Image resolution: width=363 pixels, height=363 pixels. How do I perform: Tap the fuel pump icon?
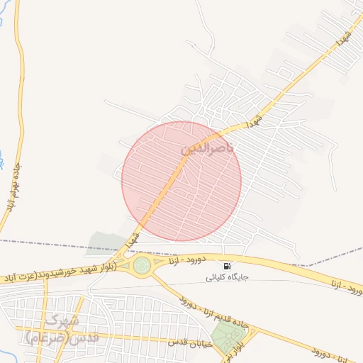coord(226,266)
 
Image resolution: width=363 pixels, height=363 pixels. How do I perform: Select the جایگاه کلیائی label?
coord(226,277)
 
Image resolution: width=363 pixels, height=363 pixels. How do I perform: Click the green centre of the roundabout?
coord(142,265)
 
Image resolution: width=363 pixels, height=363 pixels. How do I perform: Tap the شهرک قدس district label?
coord(62,328)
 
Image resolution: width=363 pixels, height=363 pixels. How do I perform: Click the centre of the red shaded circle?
coord(181,181)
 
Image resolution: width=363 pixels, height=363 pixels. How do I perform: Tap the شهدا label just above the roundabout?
coord(132,239)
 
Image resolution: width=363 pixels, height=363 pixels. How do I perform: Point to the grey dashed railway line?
coord(57,245)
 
